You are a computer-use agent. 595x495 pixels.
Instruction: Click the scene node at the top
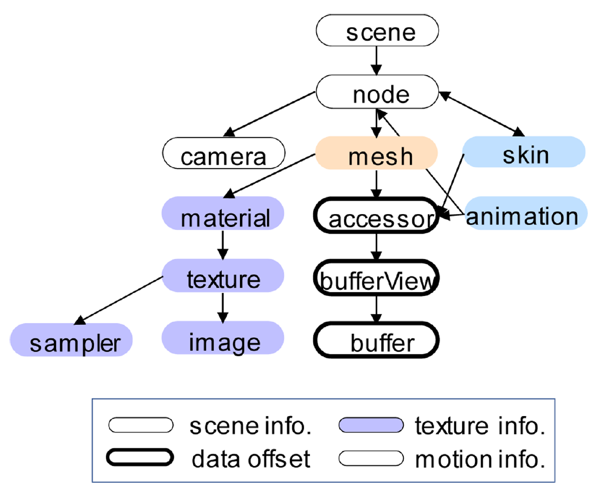[377, 32]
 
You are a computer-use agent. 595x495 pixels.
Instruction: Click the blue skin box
[524, 153]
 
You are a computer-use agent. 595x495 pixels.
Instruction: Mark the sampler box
[72, 340]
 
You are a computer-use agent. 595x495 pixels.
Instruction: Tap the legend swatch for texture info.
[371, 427]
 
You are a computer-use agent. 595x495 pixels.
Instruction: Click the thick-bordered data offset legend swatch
[141, 458]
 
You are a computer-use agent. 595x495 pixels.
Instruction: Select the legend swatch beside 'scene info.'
[141, 427]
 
